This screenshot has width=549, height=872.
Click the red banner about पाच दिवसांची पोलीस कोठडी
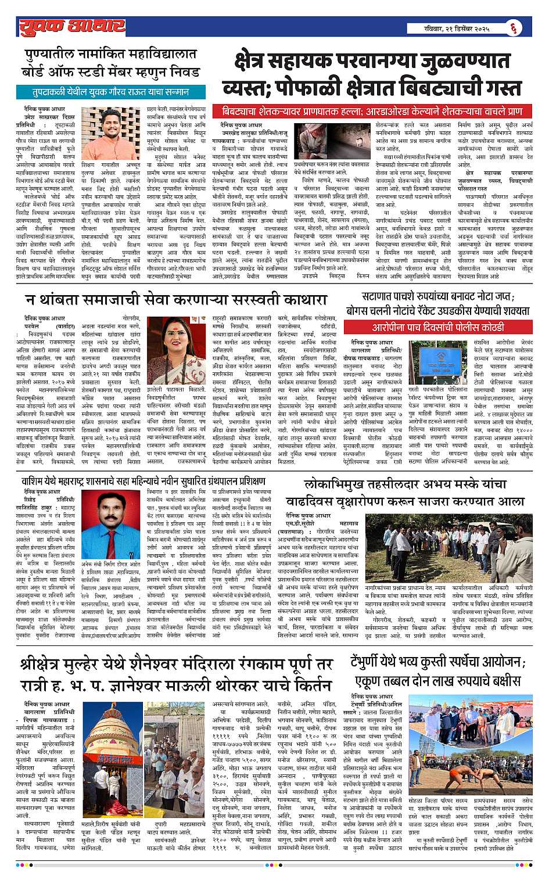(439, 328)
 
